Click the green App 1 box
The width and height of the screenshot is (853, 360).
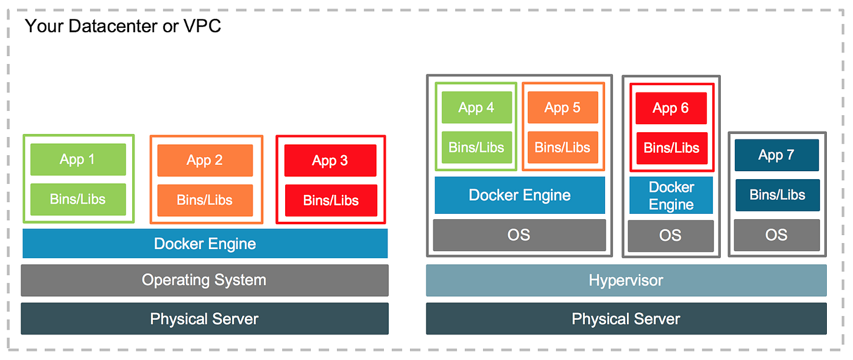(77, 160)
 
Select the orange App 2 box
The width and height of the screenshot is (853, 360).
(205, 160)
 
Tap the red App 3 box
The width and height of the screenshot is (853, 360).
(330, 161)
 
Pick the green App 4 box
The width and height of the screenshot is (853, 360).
(476, 108)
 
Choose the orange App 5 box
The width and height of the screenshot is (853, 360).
(562, 108)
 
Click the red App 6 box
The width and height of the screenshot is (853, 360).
(671, 108)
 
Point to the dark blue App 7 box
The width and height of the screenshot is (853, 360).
(776, 155)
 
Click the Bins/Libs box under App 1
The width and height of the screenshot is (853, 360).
(77, 199)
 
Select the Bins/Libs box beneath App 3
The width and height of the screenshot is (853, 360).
(331, 200)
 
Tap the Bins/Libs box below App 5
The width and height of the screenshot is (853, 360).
(562, 147)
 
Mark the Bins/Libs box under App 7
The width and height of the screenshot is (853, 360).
(777, 195)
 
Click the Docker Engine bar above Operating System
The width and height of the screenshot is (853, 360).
(205, 244)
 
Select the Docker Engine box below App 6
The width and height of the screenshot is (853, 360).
(671, 196)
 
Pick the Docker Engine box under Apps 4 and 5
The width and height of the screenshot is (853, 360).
(520, 196)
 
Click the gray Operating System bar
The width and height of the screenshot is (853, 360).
(204, 280)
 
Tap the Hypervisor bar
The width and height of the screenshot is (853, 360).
(626, 281)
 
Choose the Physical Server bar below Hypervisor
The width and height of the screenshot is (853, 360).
(626, 319)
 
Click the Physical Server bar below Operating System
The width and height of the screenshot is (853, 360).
(204, 319)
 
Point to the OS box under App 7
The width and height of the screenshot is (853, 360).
(776, 235)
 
